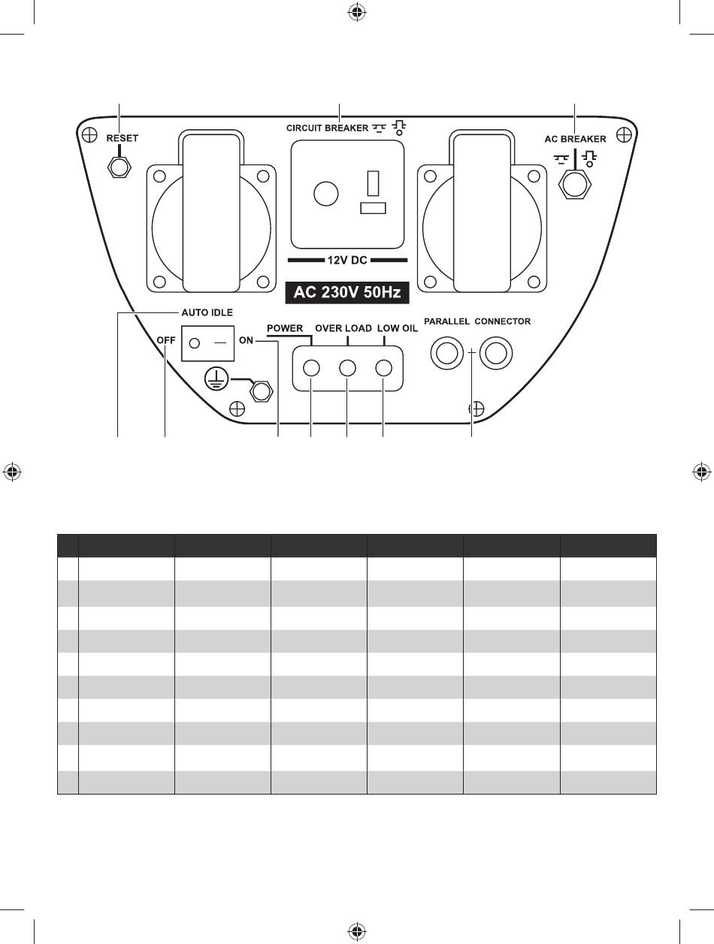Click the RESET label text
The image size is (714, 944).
123,138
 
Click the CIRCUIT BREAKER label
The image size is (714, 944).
328,128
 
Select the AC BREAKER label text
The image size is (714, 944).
575,139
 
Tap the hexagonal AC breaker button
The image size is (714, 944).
574,185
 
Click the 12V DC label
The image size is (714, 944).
347,260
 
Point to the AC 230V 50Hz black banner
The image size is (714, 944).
347,292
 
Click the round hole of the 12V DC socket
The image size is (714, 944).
325,194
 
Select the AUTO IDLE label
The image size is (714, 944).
207,312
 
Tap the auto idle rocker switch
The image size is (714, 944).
208,343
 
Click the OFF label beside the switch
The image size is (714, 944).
166,340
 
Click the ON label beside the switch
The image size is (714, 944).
247,340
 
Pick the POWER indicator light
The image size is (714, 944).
311,368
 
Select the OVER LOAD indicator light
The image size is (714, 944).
347,368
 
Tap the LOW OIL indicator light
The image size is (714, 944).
383,368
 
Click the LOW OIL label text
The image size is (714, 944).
398,329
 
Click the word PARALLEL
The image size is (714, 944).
446,321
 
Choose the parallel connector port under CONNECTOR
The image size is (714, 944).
496,353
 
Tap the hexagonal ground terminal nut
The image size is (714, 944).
261,391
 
